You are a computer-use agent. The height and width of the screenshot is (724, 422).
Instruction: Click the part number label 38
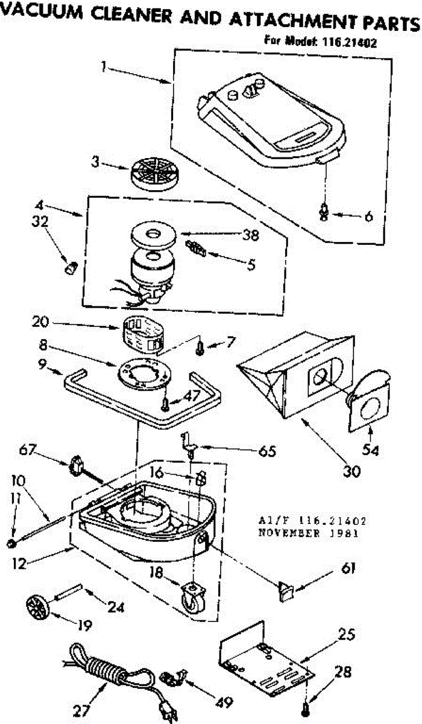251,236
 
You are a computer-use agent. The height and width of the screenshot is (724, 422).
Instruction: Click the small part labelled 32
71,267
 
